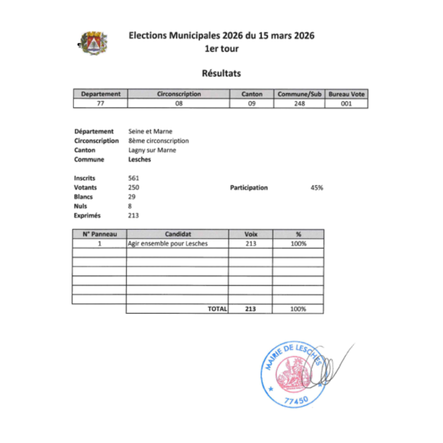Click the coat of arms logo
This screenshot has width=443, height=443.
point(94,43)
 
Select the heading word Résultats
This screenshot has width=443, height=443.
point(221,73)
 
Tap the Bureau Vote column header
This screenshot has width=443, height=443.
point(346,94)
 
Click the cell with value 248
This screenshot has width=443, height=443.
point(299,104)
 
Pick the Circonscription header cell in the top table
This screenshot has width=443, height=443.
point(179,94)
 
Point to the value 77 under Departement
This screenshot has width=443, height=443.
point(100,104)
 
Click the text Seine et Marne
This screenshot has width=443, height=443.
point(150,131)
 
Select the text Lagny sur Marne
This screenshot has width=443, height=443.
point(152,150)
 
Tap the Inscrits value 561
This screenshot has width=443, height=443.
point(134,178)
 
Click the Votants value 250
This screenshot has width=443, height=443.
point(134,187)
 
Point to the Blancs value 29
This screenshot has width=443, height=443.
point(132,197)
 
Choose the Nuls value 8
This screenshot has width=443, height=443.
point(130,206)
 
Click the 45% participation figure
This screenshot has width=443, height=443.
point(316,188)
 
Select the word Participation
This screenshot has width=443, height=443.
point(249,188)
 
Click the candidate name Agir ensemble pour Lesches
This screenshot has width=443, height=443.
point(168,244)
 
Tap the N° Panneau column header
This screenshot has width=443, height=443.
point(100,234)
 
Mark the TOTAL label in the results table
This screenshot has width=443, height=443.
point(217,309)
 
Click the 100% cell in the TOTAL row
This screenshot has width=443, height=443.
point(298,309)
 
